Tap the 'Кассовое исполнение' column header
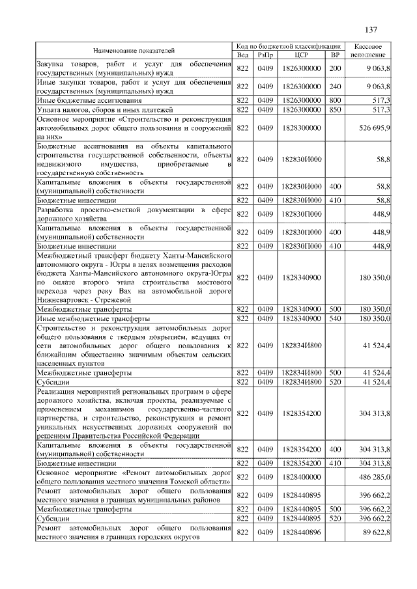371,50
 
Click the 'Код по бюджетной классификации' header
289,46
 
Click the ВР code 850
336,111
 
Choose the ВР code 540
336,319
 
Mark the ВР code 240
336,87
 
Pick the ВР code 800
336,101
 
